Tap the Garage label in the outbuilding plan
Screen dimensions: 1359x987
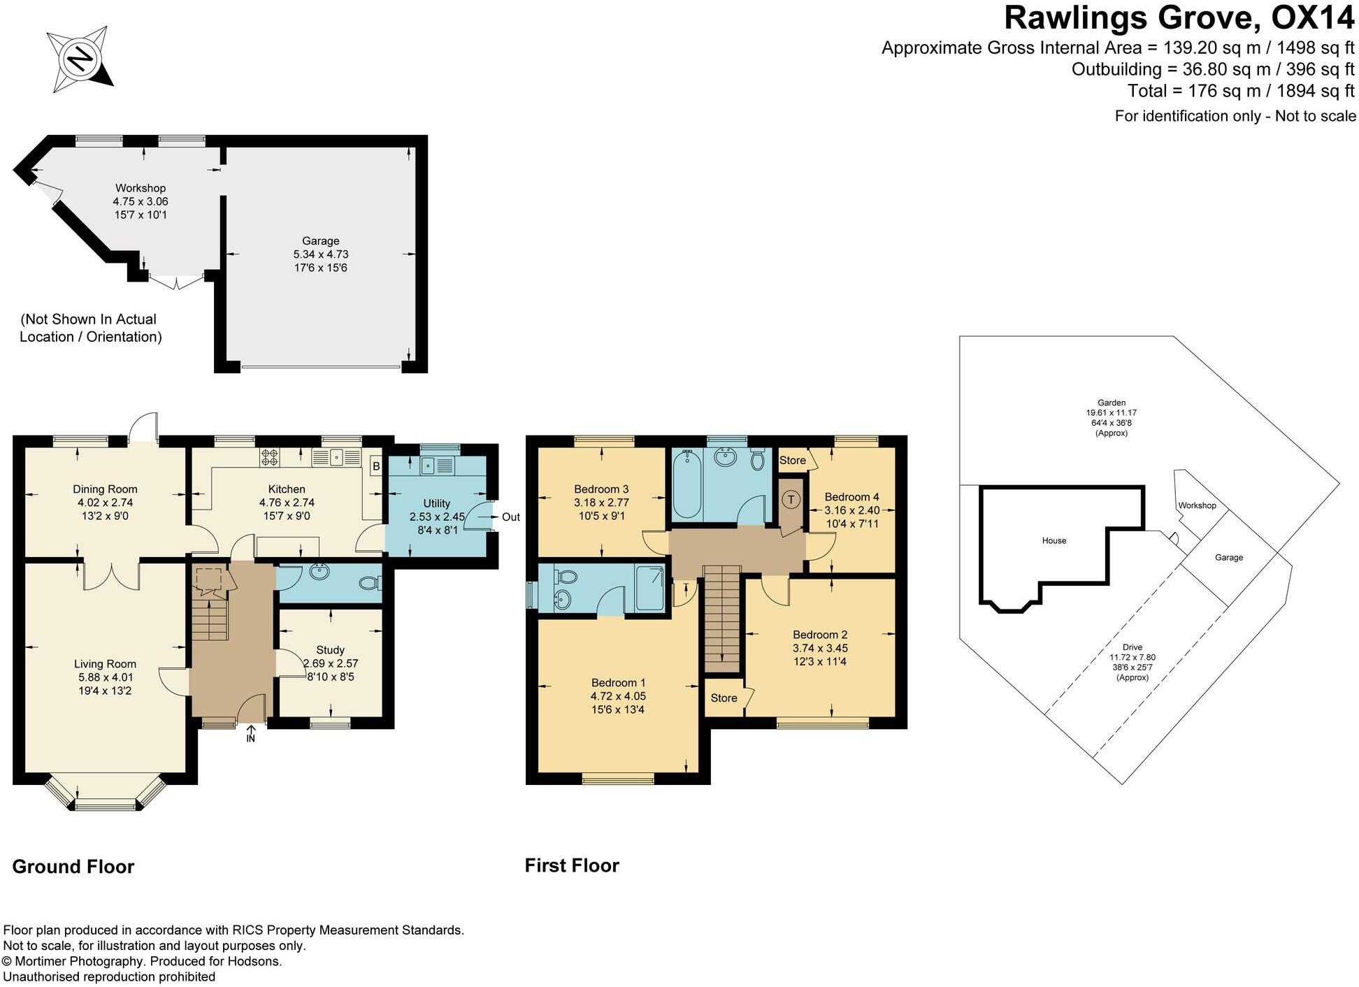321,254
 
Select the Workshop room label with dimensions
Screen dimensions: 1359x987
141,201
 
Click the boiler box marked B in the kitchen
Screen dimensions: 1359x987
375,466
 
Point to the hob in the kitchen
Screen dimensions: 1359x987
270,458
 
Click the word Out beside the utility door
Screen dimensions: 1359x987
511,517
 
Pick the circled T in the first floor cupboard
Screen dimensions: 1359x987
791,499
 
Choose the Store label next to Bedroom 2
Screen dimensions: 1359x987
724,698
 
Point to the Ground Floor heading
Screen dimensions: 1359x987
73,867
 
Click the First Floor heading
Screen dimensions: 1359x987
572,865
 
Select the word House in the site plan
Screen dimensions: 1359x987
1054,540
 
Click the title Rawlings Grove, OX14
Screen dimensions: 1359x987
1179,18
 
